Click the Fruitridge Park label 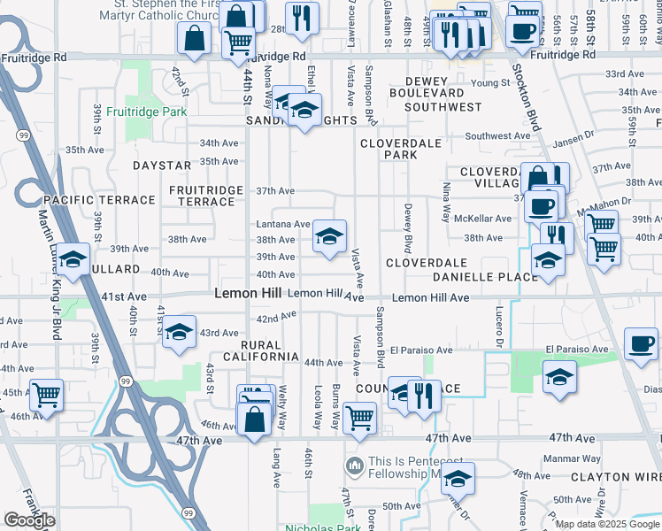[x=146, y=112]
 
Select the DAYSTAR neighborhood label [x=162, y=165]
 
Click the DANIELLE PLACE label [x=485, y=277]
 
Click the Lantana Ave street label [x=283, y=225]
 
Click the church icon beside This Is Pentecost [x=355, y=465]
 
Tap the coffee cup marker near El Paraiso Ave [x=640, y=342]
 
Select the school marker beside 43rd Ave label [x=180, y=332]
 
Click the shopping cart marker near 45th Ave [x=46, y=394]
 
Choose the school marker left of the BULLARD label [x=74, y=259]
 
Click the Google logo [x=29, y=520]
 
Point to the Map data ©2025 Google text [x=606, y=524]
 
